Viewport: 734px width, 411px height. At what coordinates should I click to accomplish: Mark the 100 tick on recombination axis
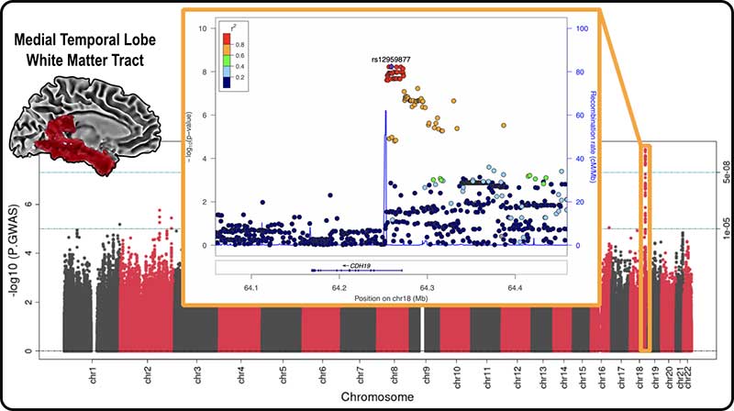[581, 28]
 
